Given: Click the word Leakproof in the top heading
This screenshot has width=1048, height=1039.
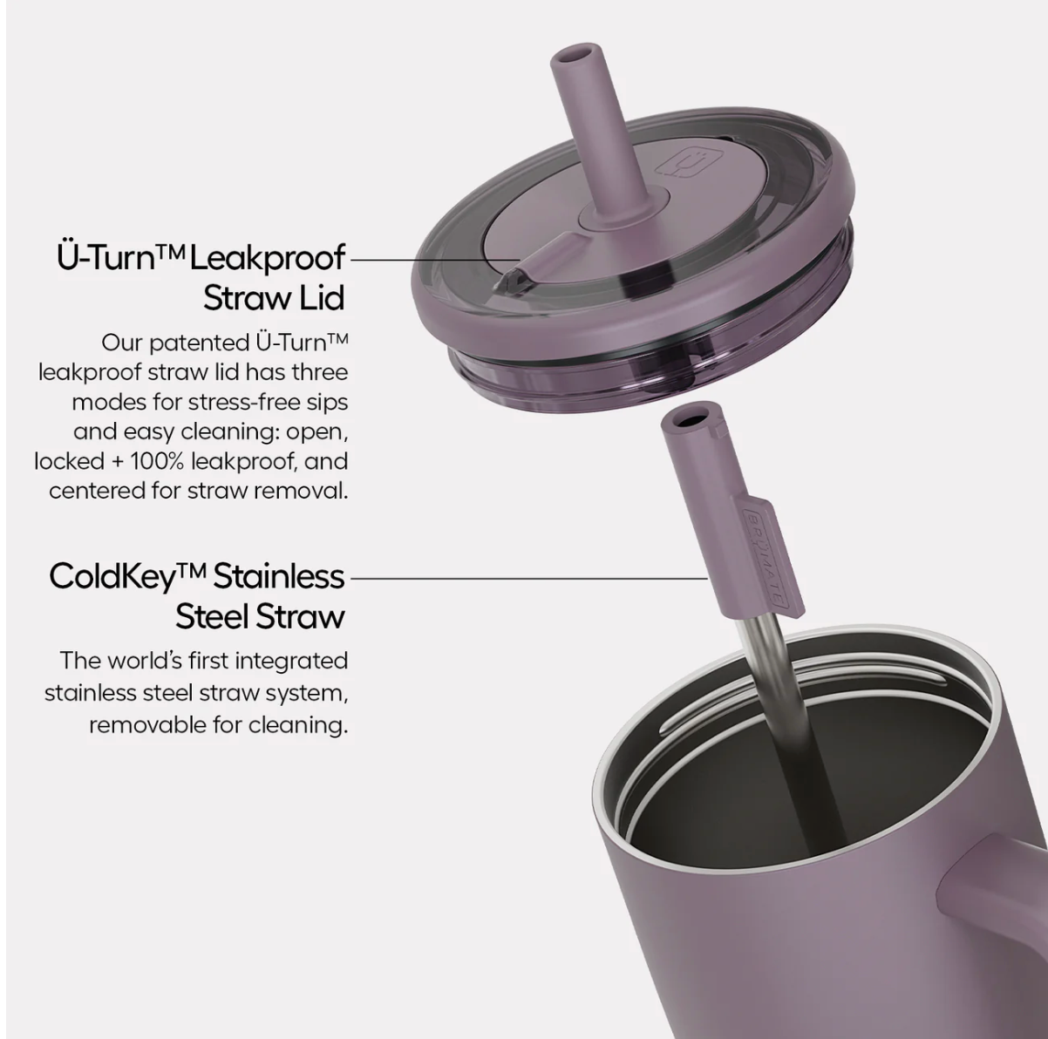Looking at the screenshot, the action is click(x=268, y=258).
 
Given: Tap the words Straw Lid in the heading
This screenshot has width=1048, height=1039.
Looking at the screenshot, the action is click(x=274, y=297).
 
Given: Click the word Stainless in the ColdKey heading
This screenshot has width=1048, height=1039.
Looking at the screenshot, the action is click(x=278, y=576).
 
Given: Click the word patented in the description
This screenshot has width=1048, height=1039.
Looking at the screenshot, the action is click(x=199, y=343).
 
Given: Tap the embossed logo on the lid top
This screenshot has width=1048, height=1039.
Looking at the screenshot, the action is click(x=683, y=161).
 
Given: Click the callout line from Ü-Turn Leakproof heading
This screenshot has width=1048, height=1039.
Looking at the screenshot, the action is click(x=432, y=260).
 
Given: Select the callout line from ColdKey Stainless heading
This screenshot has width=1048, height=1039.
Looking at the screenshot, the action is click(x=528, y=578).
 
